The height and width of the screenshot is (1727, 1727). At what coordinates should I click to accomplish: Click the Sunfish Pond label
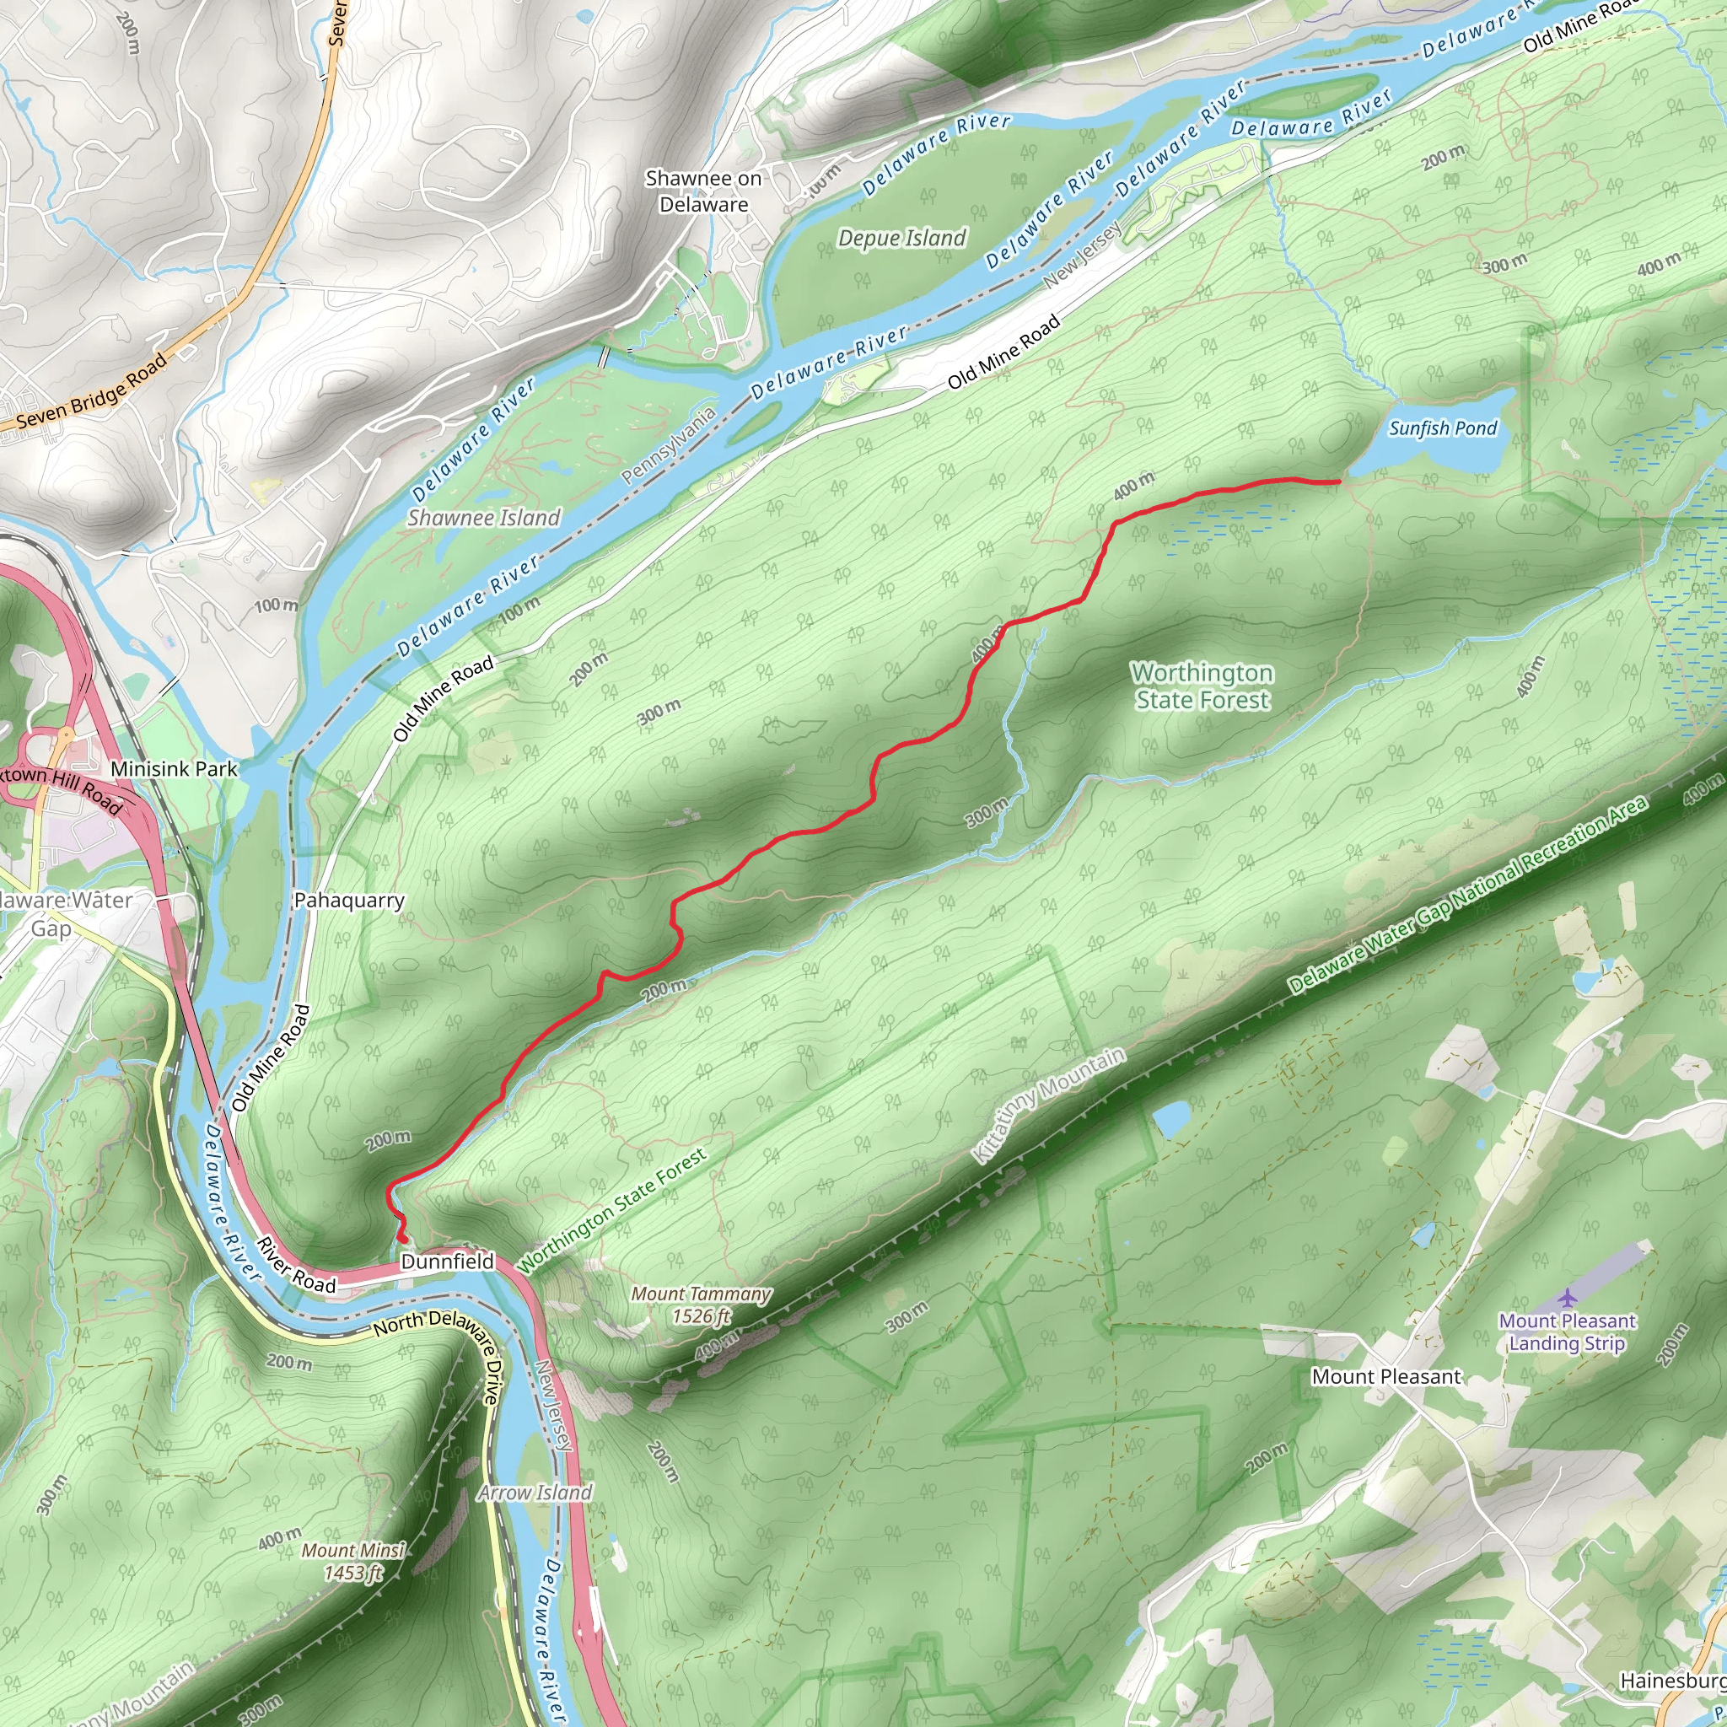(x=1442, y=428)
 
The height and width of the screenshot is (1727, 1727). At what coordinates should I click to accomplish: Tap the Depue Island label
(x=901, y=238)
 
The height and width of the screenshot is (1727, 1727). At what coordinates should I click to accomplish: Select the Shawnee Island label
(x=483, y=518)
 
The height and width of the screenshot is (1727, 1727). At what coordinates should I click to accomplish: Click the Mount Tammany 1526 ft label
(x=700, y=1305)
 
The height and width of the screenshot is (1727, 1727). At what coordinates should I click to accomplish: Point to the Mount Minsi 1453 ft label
(x=353, y=1562)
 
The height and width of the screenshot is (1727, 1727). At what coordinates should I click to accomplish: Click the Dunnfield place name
(x=447, y=1262)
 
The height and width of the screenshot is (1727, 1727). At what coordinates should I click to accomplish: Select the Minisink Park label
(x=175, y=769)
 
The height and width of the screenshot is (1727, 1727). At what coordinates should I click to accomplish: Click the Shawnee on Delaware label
(x=703, y=191)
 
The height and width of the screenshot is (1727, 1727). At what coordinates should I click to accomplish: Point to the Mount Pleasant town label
(x=1385, y=1376)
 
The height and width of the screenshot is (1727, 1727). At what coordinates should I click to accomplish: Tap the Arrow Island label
(x=535, y=1493)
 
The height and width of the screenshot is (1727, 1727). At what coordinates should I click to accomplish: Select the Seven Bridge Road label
(x=92, y=391)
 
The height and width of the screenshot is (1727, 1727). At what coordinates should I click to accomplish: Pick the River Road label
(x=296, y=1266)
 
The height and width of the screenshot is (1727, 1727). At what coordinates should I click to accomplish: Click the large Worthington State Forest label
(x=1202, y=686)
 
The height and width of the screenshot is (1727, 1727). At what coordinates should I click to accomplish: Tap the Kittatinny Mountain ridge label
(x=1047, y=1106)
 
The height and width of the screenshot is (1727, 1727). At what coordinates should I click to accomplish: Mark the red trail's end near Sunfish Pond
(x=1338, y=481)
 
